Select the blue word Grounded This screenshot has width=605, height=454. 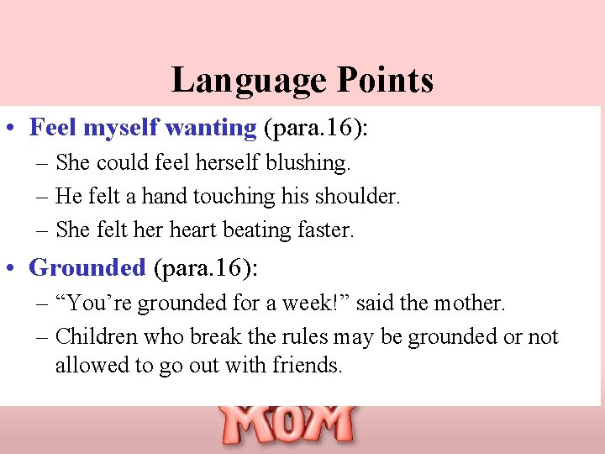point(87,267)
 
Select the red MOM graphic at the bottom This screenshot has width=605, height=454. point(287,425)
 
